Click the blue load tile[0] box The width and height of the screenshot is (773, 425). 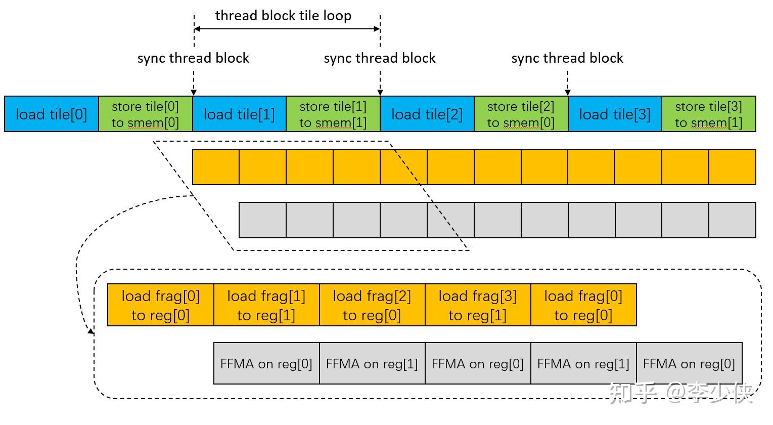[51, 114]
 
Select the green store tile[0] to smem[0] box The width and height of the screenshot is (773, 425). [145, 114]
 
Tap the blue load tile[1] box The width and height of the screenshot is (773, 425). [239, 114]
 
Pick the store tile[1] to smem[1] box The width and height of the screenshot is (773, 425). [333, 114]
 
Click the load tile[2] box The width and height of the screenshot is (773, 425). [427, 114]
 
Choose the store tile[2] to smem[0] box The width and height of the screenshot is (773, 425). [521, 114]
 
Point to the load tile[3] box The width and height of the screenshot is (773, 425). [615, 114]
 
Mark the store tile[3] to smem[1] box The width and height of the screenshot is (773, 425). [708, 114]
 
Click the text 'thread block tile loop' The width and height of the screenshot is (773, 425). [283, 16]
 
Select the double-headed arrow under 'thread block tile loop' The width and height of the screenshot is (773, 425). [287, 29]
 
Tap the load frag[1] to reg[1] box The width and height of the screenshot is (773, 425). [266, 305]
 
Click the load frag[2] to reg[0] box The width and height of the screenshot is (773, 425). [372, 305]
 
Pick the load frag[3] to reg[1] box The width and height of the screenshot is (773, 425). [478, 305]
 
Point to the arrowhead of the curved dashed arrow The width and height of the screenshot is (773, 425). [91, 332]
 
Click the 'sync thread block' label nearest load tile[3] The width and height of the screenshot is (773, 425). [567, 58]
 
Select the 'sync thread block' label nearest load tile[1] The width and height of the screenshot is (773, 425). [193, 58]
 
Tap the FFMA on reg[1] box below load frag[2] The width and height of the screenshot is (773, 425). [372, 364]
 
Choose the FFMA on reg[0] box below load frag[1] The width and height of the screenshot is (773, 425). [266, 364]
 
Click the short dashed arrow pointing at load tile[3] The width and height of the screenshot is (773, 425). [568, 82]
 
